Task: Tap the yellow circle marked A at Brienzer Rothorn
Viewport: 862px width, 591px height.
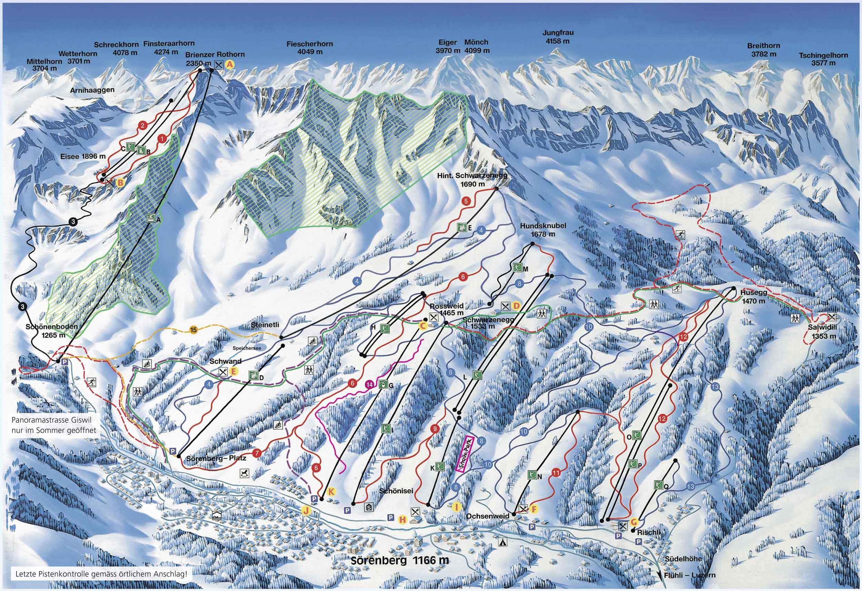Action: pyautogui.click(x=230, y=64)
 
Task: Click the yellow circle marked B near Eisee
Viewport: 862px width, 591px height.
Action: pyautogui.click(x=120, y=182)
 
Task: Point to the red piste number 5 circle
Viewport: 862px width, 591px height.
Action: pyautogui.click(x=466, y=201)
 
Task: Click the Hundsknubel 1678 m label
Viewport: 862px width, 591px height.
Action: pyautogui.click(x=538, y=230)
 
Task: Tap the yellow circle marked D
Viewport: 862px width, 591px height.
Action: pyautogui.click(x=516, y=306)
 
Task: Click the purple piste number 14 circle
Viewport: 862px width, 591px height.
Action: pyautogui.click(x=369, y=384)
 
